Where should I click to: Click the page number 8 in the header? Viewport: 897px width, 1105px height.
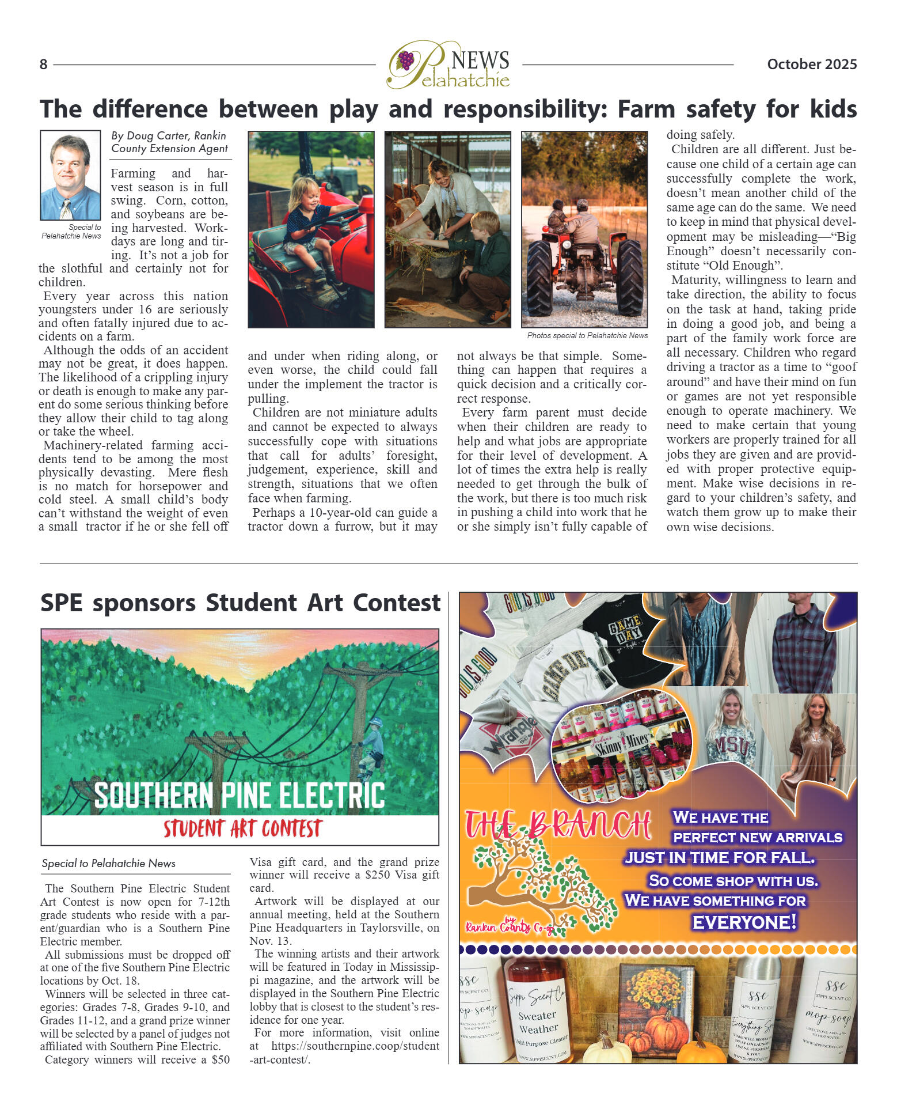[43, 65]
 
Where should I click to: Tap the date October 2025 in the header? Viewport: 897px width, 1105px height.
[811, 65]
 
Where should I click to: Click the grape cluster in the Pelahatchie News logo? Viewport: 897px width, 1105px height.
[406, 60]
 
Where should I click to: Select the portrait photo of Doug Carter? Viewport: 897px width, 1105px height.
[70, 175]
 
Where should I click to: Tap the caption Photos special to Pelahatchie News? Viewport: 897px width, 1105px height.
[587, 335]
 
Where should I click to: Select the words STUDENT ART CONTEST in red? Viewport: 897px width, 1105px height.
[242, 828]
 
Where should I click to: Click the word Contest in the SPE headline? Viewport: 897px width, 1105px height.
[397, 603]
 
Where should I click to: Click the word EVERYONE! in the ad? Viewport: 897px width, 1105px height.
[744, 922]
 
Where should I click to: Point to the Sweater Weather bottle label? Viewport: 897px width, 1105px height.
[538, 1021]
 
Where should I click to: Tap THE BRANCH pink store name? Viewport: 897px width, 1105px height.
[557, 825]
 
